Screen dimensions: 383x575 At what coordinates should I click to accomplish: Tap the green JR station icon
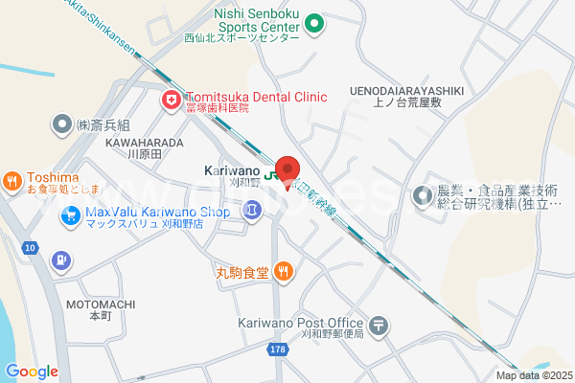click(272, 175)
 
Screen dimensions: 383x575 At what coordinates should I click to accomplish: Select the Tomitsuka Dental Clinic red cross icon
click(171, 99)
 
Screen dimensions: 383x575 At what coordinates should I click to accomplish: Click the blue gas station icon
click(61, 259)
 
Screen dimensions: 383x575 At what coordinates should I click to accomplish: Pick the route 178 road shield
click(278, 349)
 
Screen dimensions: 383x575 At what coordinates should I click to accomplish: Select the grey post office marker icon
click(380, 326)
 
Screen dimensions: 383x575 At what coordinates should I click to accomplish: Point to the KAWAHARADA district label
click(146, 143)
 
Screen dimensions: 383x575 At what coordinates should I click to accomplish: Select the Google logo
click(32, 372)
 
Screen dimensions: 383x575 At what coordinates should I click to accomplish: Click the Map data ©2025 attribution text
click(532, 375)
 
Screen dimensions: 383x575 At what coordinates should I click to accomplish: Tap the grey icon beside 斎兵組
click(62, 124)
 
